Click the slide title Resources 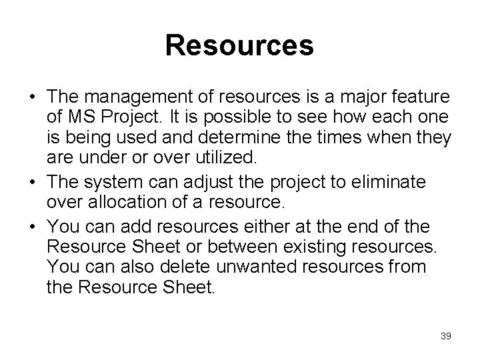click(239, 46)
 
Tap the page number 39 click(445, 336)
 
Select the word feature click(421, 99)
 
